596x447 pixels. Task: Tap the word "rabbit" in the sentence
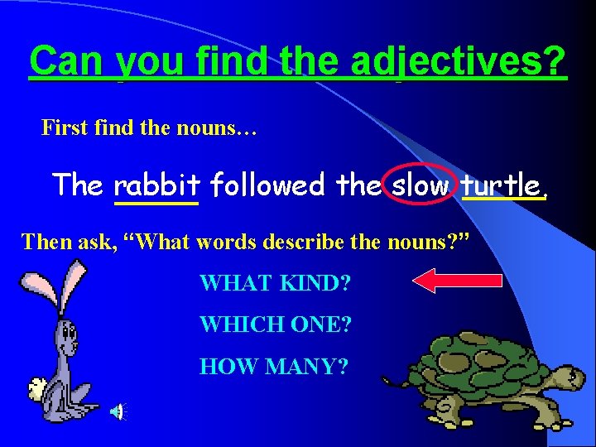coord(156,184)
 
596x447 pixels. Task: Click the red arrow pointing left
coord(457,281)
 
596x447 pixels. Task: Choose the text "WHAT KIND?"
coord(275,283)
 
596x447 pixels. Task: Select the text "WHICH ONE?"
coord(275,324)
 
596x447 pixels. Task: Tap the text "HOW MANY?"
coord(273,364)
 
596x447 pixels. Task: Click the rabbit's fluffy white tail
coord(37,387)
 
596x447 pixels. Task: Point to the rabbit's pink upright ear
coord(75,281)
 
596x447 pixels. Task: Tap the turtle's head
coord(565,377)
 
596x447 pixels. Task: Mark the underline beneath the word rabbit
coord(156,202)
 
